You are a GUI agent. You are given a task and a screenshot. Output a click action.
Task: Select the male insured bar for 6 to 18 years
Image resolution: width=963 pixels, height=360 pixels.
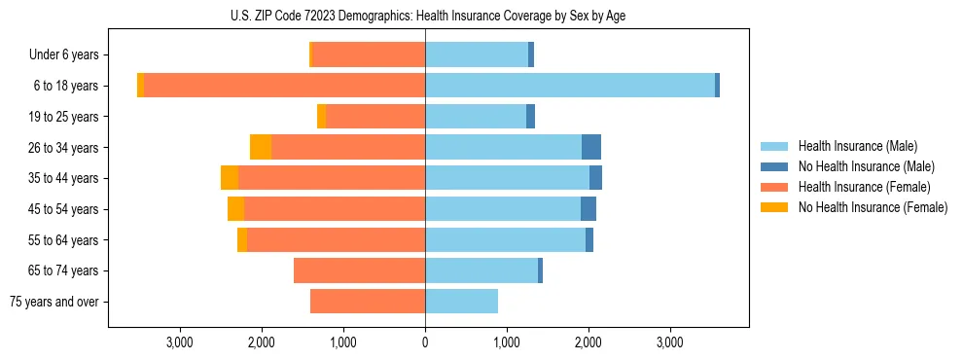point(570,86)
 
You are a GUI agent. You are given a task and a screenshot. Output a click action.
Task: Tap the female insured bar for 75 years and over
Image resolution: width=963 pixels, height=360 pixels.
point(368,302)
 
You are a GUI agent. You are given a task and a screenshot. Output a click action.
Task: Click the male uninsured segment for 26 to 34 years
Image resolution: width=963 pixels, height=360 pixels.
point(591,147)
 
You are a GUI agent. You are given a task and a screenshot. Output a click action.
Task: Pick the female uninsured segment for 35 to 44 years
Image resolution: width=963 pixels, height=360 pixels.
point(230,178)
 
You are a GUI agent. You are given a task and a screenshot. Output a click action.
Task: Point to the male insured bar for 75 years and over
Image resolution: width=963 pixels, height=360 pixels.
point(461,302)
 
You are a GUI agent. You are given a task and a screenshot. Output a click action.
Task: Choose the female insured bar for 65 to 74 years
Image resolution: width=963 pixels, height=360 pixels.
point(359,270)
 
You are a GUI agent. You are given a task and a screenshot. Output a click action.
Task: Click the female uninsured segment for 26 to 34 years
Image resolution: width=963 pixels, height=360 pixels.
point(261,147)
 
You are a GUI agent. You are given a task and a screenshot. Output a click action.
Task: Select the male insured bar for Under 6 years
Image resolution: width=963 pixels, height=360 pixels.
point(477,54)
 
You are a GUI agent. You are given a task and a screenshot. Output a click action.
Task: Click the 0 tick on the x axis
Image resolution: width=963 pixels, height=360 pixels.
point(425,342)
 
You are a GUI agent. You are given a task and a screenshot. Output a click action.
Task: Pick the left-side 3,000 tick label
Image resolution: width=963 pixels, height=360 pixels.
point(180,342)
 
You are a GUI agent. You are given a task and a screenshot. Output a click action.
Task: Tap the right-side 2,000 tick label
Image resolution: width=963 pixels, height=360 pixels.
point(588,342)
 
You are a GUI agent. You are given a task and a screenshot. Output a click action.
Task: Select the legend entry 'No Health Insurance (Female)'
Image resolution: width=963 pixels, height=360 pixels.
point(873,207)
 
